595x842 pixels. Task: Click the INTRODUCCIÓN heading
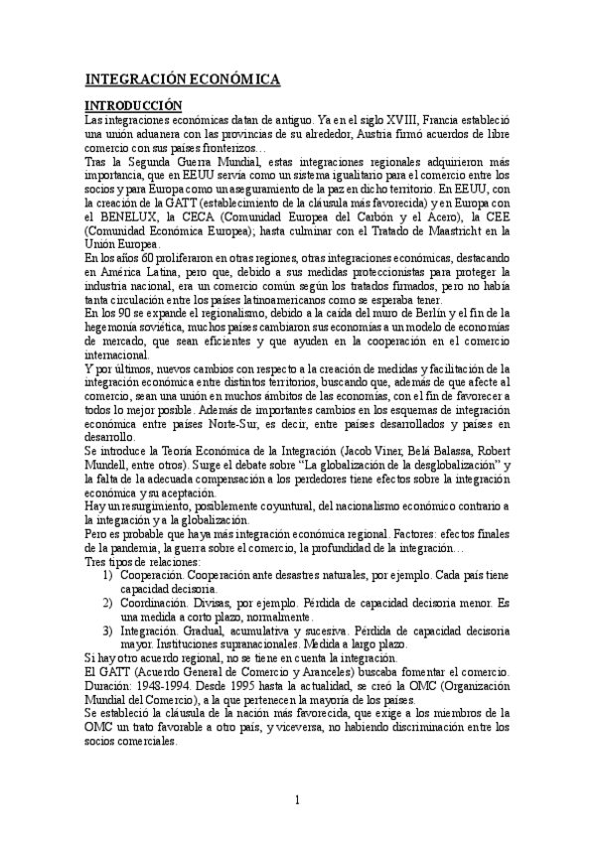134,104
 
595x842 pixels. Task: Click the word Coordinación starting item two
161,603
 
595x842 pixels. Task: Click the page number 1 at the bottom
297,801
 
